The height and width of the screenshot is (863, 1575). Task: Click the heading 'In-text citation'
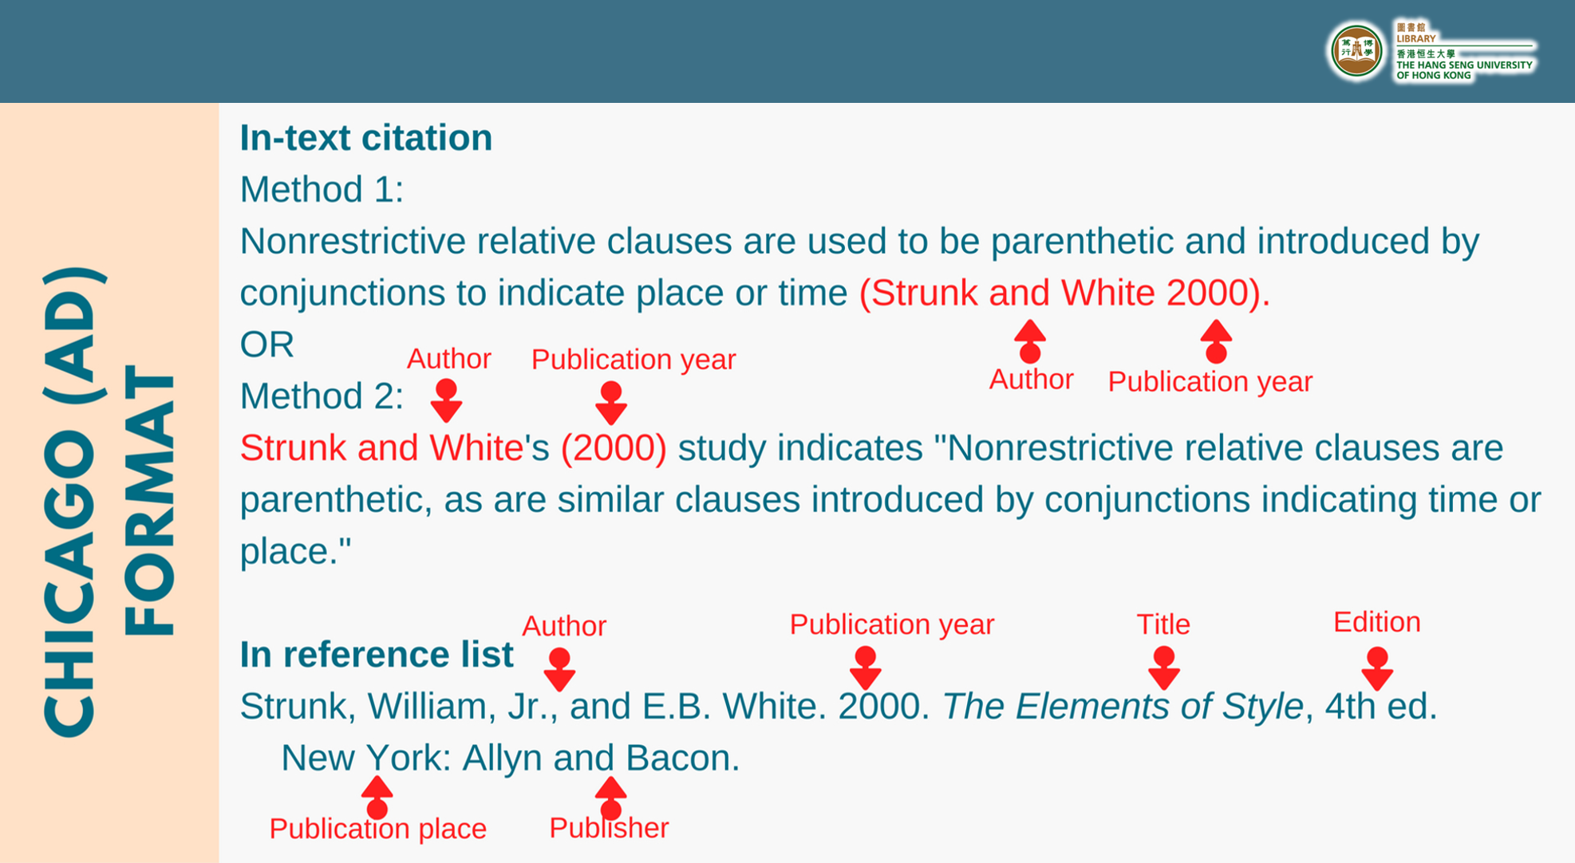pyautogui.click(x=366, y=138)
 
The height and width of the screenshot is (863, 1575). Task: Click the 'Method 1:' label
pyautogui.click(x=322, y=190)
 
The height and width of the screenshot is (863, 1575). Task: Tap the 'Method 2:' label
pyautogui.click(x=322, y=396)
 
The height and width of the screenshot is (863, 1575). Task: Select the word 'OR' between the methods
pyautogui.click(x=267, y=345)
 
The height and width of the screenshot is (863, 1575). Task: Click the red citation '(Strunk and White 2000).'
pyautogui.click(x=1064, y=293)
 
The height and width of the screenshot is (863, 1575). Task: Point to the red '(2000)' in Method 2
pyautogui.click(x=614, y=447)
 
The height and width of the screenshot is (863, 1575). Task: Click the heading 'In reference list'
pyautogui.click(x=377, y=654)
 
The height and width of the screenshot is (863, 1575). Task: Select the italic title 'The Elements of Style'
pyautogui.click(x=1123, y=706)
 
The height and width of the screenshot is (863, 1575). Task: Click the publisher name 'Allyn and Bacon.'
pyautogui.click(x=602, y=758)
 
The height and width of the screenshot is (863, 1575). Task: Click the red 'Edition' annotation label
pyautogui.click(x=1377, y=622)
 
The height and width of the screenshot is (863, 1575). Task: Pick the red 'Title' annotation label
pyautogui.click(x=1163, y=625)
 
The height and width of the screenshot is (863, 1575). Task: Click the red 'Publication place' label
pyautogui.click(x=377, y=829)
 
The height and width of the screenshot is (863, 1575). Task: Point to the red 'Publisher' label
pyautogui.click(x=609, y=828)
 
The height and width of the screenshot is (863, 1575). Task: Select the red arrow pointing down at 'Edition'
pyautogui.click(x=1377, y=668)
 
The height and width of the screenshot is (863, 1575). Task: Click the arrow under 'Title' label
pyautogui.click(x=1164, y=668)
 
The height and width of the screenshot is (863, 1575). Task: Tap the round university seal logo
pyautogui.click(x=1356, y=52)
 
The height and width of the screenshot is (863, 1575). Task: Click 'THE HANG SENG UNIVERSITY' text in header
pyautogui.click(x=1464, y=65)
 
